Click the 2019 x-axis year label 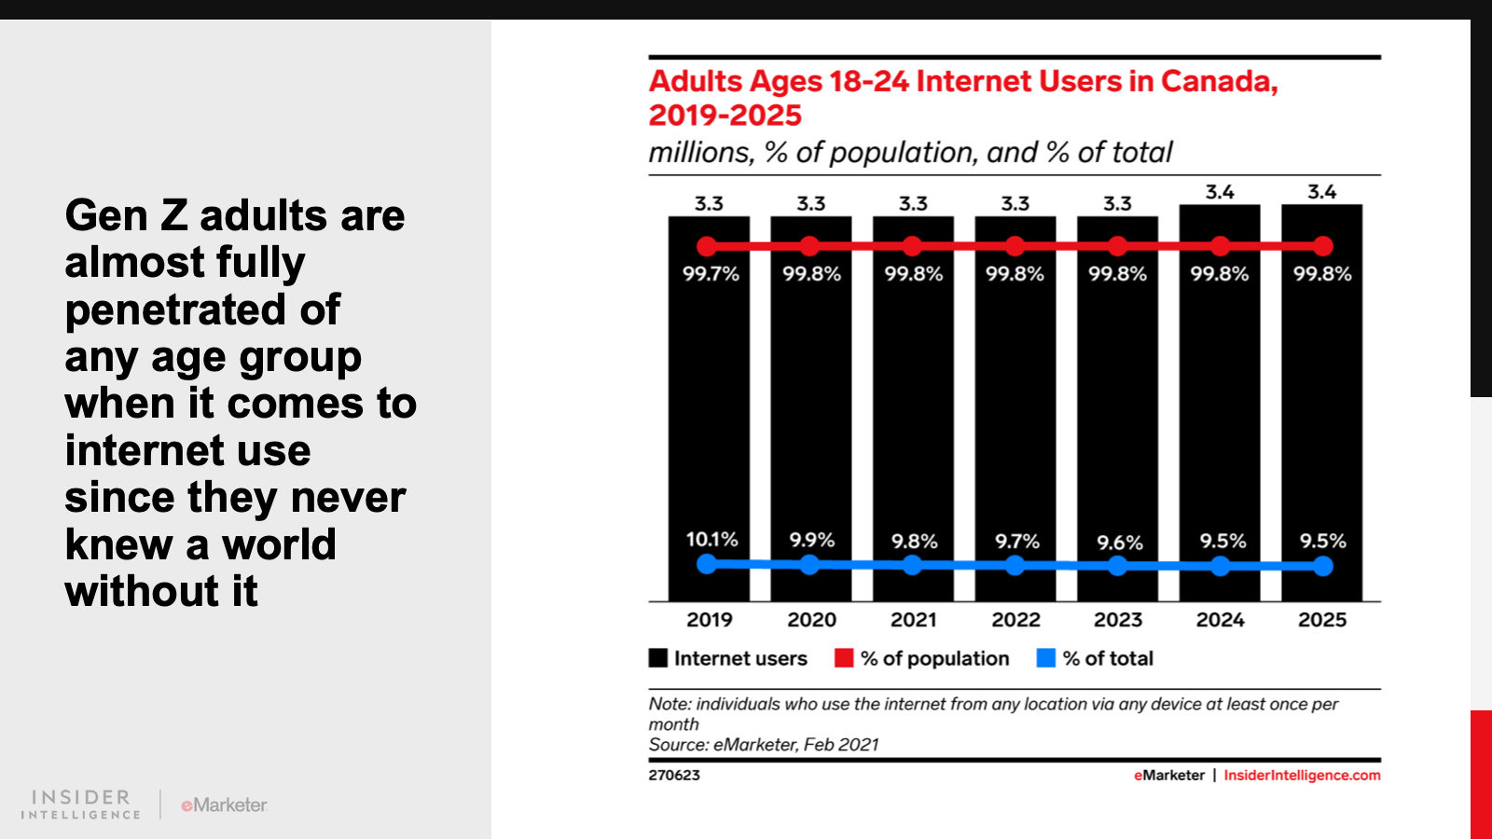pos(709,620)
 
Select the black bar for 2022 pos(1015,410)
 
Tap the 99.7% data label pos(711,274)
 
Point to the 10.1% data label pos(711,540)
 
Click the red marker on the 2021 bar pos(913,246)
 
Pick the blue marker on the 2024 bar pos(1220,566)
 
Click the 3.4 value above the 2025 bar pos(1321,192)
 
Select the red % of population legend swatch pos(844,658)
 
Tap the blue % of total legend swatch pos(1046,658)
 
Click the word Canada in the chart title pos(1218,82)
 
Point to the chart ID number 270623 pos(674,776)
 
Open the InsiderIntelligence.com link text pos(1302,776)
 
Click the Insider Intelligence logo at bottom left pos(81,805)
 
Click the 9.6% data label pos(1119,543)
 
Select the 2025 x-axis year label pos(1321,620)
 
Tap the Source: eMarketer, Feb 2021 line pos(764,745)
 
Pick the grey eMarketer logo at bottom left pos(224,805)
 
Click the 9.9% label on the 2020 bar pos(811,541)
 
